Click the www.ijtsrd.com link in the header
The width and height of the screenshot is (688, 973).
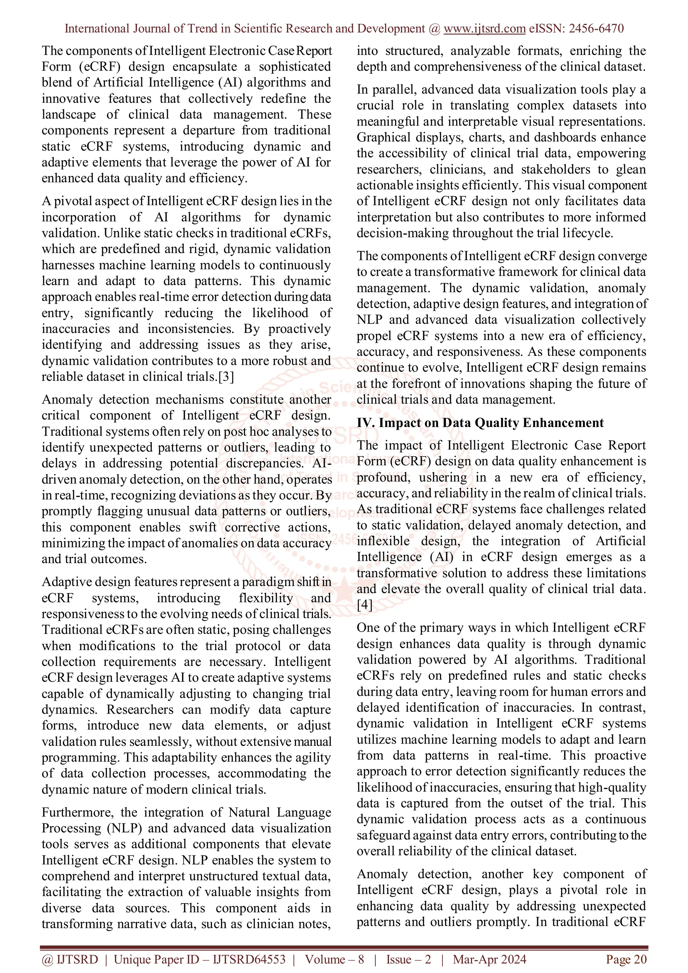tap(484, 29)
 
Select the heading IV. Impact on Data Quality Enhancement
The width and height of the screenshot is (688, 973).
tap(480, 423)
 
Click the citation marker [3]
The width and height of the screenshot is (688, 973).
tap(225, 376)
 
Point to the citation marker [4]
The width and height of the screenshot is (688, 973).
tap(364, 605)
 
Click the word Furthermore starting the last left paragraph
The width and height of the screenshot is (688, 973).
tap(77, 812)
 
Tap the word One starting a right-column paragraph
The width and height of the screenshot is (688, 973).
tap(368, 627)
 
